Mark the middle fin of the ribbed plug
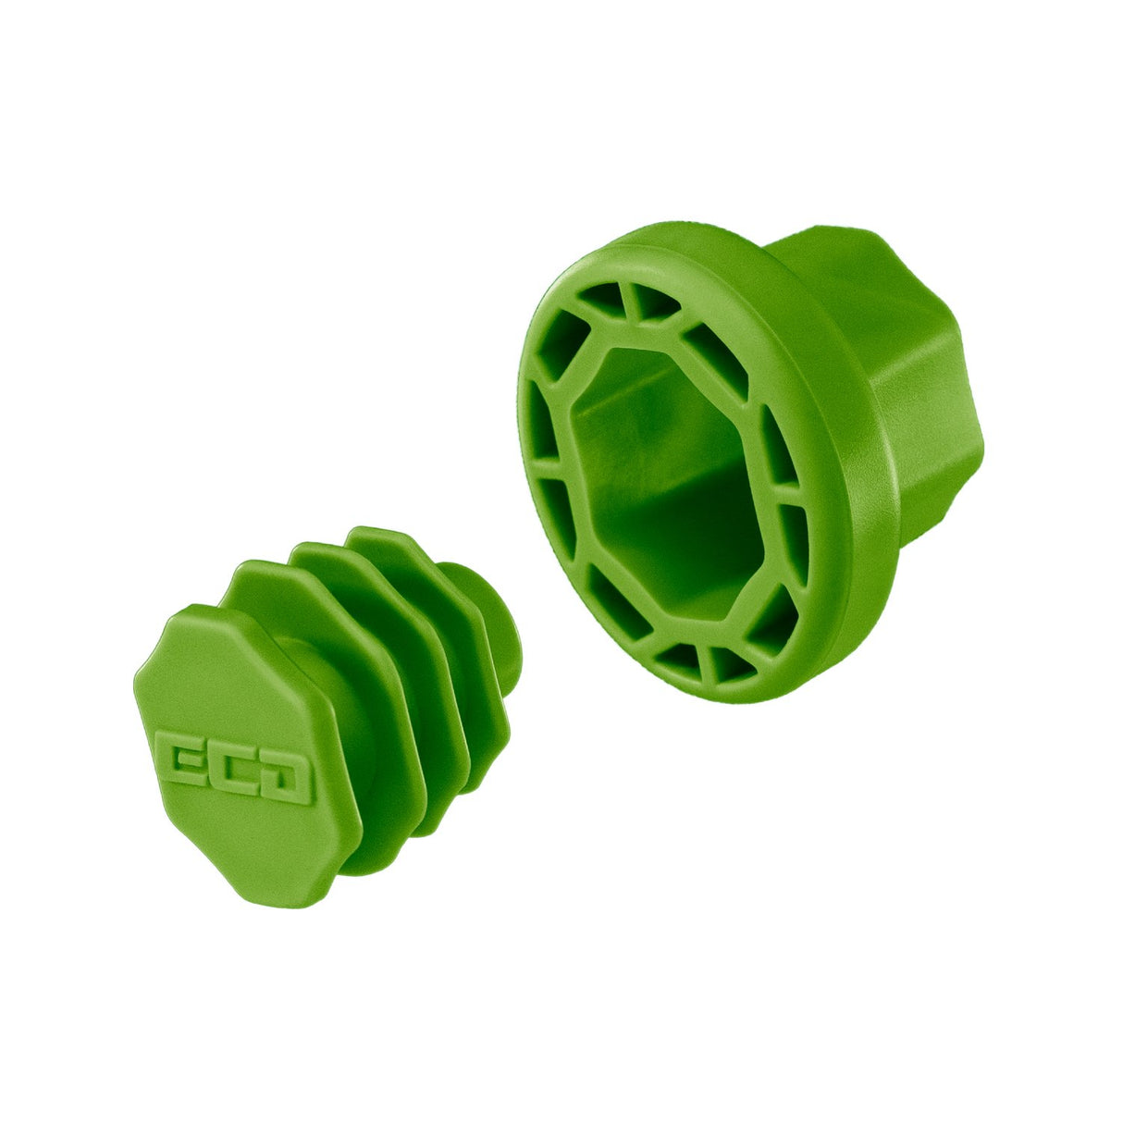398,638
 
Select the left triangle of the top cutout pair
602,298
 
